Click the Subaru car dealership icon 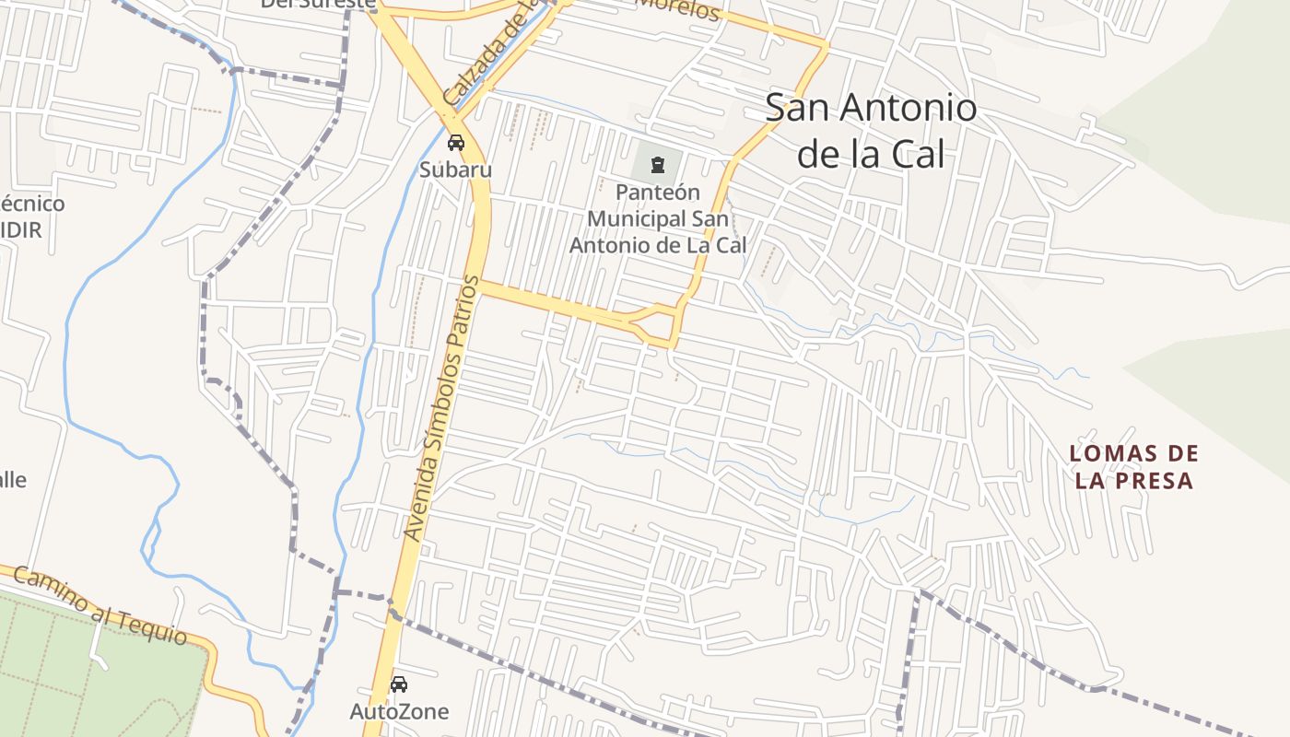coord(455,143)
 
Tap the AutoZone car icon coord(399,684)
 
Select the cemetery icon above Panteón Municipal coord(657,166)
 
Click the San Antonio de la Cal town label coord(871,131)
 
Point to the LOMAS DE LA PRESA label coord(1133,467)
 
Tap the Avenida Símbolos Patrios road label coord(442,407)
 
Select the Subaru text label coord(455,170)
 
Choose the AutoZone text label coord(399,711)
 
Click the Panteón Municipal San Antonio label coord(657,219)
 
